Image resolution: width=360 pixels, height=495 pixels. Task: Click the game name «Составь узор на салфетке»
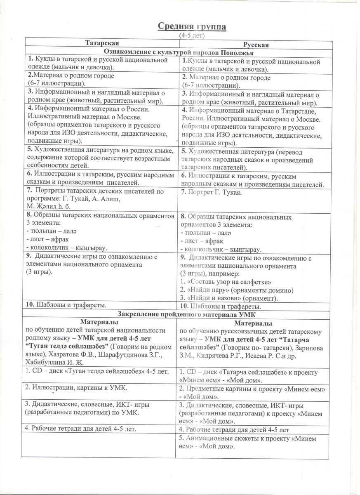click(230, 282)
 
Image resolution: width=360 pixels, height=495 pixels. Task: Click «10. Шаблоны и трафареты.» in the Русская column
click(220, 306)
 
